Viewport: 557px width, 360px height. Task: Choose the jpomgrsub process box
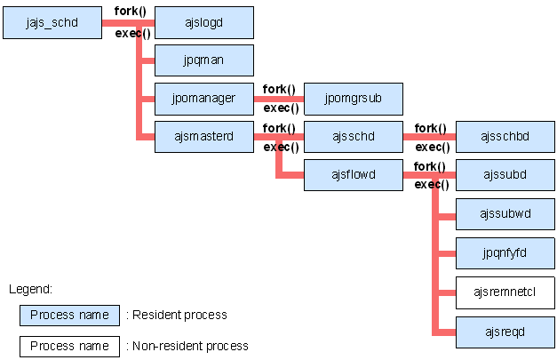354,99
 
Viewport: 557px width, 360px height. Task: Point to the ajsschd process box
354,137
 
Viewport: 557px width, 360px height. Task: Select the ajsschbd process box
505,137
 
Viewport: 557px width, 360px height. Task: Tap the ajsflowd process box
354,175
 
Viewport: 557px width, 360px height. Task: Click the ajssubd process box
505,175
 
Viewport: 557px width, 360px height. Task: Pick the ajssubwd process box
505,214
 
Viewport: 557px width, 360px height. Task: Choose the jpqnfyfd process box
505,253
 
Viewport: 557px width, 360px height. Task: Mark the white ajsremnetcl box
505,292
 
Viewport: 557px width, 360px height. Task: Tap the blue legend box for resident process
69,315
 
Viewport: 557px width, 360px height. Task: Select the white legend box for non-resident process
69,346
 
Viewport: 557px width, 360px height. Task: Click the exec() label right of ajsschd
432,148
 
